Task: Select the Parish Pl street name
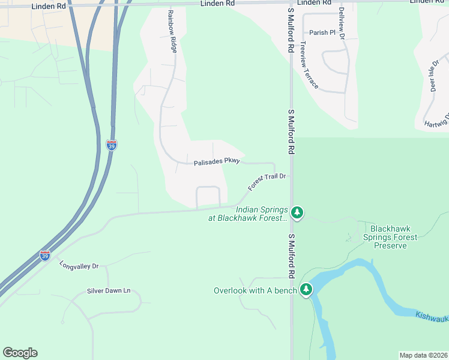pos(322,32)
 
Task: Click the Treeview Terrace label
pos(310,65)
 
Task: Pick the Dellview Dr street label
pos(342,22)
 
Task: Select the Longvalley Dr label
pos(79,265)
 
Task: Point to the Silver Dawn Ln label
pos(109,291)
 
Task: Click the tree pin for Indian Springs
pos(297,212)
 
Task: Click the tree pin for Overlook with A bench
pos(306,290)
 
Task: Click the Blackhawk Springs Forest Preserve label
pos(394,237)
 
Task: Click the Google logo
pos(20,353)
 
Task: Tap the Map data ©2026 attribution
pos(423,355)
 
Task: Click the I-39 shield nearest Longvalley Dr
pos(45,256)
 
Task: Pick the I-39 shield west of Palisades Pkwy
pos(112,145)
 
